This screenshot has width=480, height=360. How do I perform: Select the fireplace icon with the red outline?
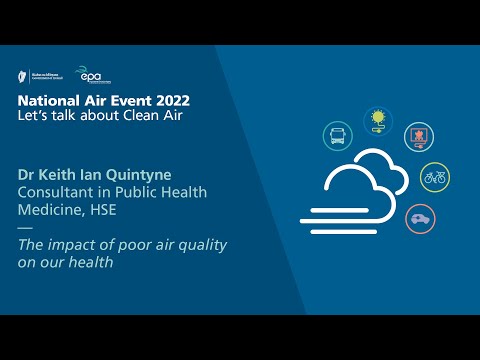pos(418,137)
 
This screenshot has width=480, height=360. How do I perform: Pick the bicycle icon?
pos(435,178)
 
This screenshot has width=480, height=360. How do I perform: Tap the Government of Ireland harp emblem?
pos(23,74)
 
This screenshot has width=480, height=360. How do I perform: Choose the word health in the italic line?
pos(93,264)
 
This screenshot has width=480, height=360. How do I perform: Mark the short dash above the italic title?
pos(25,229)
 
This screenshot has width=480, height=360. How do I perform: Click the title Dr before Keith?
pos(28,174)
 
